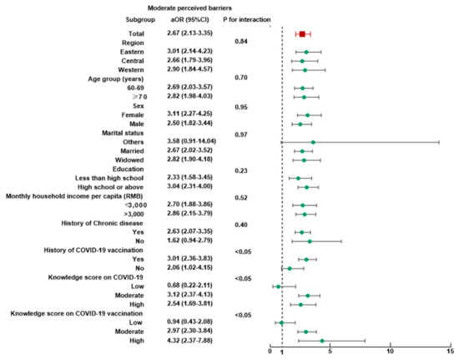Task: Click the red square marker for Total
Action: [x=302, y=33]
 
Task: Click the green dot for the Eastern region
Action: [x=306, y=52]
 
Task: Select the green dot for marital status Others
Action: [x=313, y=143]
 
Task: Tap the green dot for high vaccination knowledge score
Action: [x=322, y=341]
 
